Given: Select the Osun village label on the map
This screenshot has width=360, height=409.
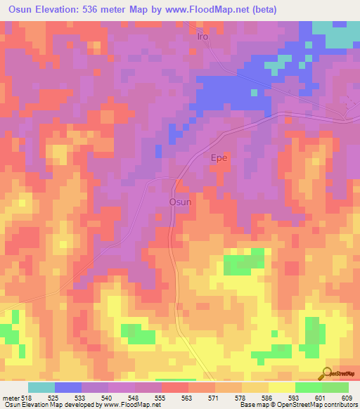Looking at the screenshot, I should coord(179,202).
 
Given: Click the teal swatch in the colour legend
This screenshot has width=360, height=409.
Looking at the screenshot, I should coord(41,387).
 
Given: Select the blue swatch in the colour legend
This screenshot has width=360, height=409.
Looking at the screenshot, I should coord(68,387).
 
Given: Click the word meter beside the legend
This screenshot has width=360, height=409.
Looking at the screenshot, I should coord(10,397).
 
